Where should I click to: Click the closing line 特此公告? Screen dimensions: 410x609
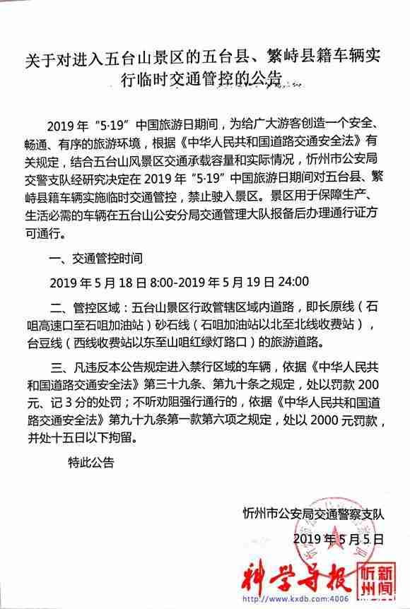click(x=90, y=463)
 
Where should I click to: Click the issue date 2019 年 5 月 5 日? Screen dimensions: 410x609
click(x=337, y=538)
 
